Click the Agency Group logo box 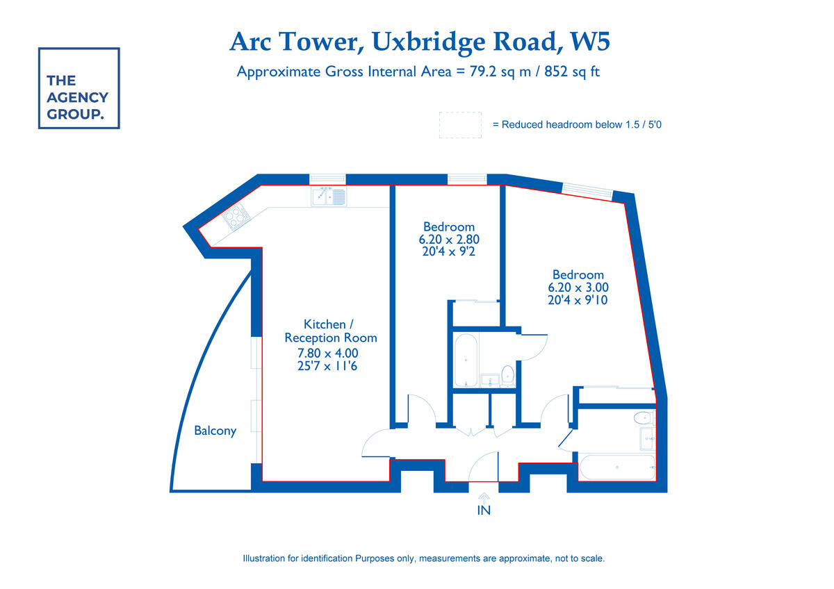(x=79, y=88)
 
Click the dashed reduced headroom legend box (x=460, y=125)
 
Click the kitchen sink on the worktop (x=328, y=197)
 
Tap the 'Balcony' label (x=215, y=431)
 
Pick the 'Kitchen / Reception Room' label (x=330, y=331)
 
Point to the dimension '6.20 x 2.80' (x=449, y=240)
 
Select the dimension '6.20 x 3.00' (x=578, y=288)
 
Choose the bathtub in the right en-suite (x=617, y=467)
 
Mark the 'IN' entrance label (x=484, y=511)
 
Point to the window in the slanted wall (x=587, y=188)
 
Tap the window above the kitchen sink (x=327, y=179)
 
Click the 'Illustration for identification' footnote (x=423, y=558)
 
